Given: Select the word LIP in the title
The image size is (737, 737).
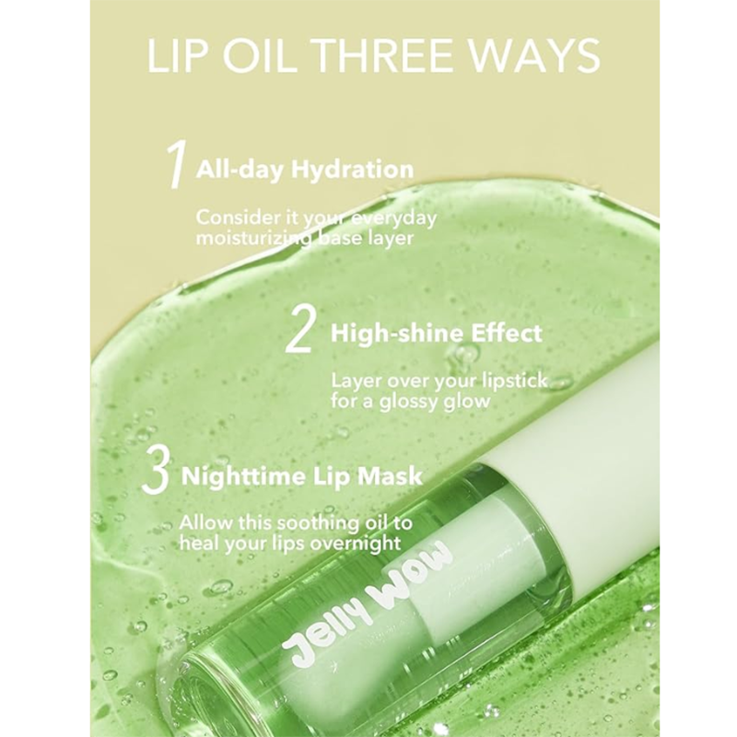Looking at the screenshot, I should [178, 56].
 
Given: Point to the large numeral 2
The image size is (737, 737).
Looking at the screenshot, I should [300, 333].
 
